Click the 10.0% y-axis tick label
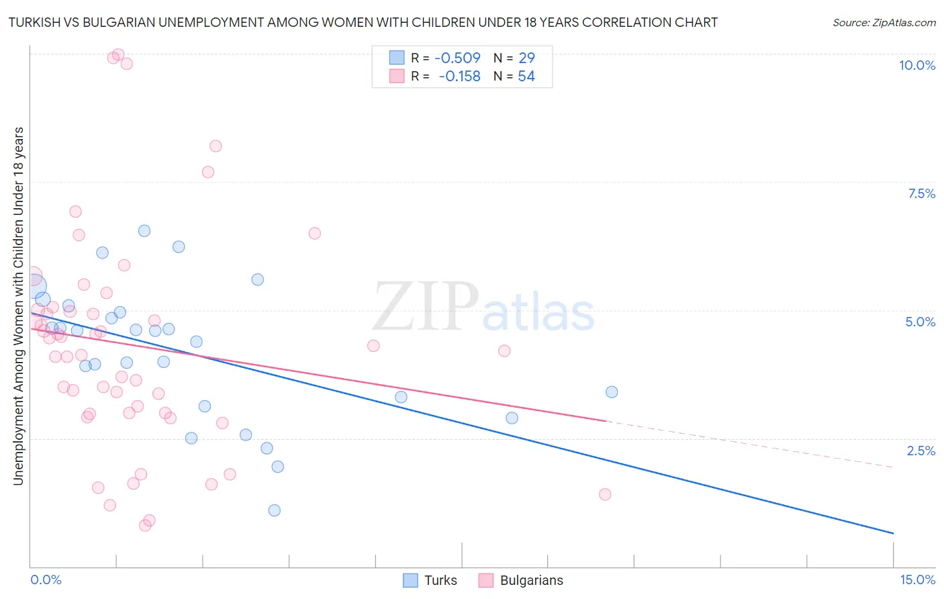coord(916,65)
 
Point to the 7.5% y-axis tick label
coord(921,193)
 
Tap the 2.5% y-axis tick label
coord(921,451)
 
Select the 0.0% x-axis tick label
coord(46,580)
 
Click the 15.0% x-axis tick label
coord(917,580)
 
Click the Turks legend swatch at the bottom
coord(410,580)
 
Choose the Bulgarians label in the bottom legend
coord(531,580)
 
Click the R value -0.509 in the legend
coord(457,58)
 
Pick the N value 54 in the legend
coord(526,77)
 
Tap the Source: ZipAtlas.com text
coord(884,23)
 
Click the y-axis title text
coord(18,306)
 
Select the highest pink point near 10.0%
coord(118,54)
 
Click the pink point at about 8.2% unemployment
coord(216,146)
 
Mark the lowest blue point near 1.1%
coord(274,510)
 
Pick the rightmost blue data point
coord(612,392)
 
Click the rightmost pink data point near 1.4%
coord(605,494)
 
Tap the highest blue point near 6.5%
coord(144,231)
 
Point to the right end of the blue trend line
coord(893,533)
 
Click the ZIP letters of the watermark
coord(426,307)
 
